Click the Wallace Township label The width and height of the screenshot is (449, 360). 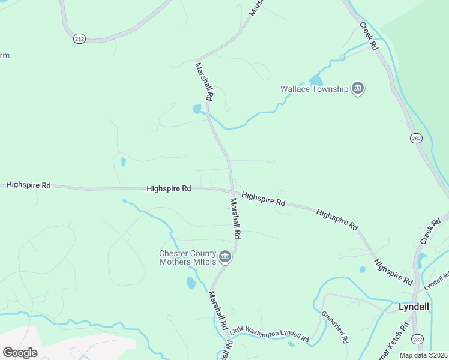pos(314,89)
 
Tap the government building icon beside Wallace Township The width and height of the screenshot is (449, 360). pos(358,89)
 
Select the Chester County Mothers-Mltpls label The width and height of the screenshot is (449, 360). pos(187,257)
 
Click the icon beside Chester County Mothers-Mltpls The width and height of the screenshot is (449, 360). pos(225,257)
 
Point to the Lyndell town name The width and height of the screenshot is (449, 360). pos(414,307)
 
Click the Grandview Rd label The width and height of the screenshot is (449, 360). pos(334,327)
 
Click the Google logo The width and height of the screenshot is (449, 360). pos(20,352)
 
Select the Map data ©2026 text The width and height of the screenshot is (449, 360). pos(424,355)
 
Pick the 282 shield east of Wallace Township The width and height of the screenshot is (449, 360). pos(416,138)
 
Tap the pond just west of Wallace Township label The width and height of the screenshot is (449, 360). pos(316,80)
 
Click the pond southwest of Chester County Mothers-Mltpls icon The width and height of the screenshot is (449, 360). pos(191,283)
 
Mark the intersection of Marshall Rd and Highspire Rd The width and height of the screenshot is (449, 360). pos(232,191)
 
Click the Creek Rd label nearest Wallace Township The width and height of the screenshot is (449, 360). pos(369,36)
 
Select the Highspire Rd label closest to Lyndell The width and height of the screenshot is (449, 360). pos(394,272)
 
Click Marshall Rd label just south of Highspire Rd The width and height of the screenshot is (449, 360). pos(234,217)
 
